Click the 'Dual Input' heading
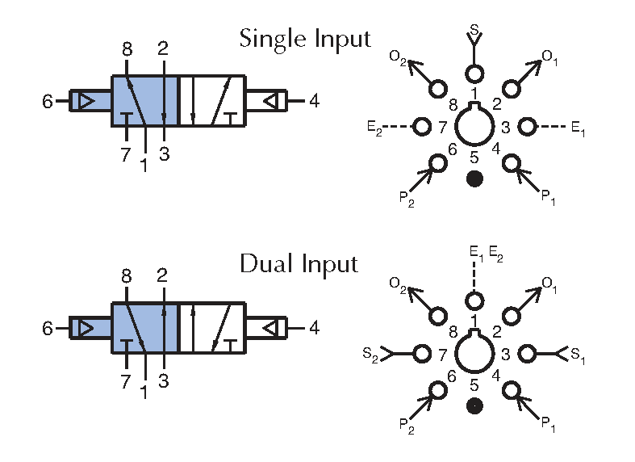pos(299,264)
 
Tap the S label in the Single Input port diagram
pos(474,29)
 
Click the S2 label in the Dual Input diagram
pos(370,355)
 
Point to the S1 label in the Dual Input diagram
pos(578,355)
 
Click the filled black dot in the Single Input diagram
pos(474,178)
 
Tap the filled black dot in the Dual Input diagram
pos(474,405)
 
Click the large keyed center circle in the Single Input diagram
pos(455,127)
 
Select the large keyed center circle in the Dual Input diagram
pos(455,354)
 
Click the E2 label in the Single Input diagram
pos(374,128)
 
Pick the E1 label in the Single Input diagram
pos(578,129)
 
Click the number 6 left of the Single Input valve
pos(48,101)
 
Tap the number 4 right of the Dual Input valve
pos(314,327)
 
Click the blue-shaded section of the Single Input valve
pos(144,100)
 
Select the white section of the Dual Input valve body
pos(212,328)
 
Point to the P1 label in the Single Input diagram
pos(549,198)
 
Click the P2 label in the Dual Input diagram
pos(407,426)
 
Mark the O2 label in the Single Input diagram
pos(398,58)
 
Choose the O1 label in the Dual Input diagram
pos(549,284)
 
